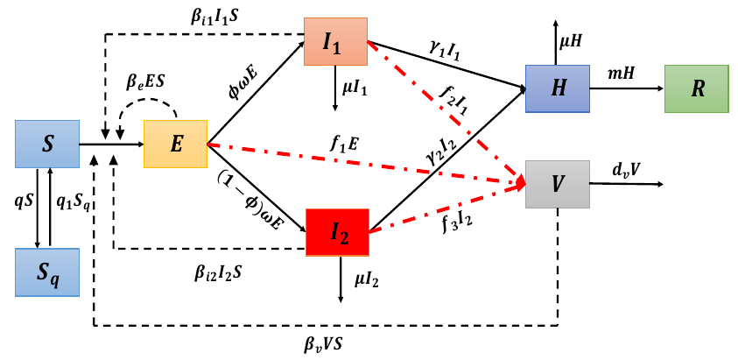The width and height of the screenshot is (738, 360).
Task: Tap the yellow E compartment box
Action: [176, 144]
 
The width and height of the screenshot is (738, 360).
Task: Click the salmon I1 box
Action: [335, 40]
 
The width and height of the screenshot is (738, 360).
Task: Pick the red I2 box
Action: [338, 232]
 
